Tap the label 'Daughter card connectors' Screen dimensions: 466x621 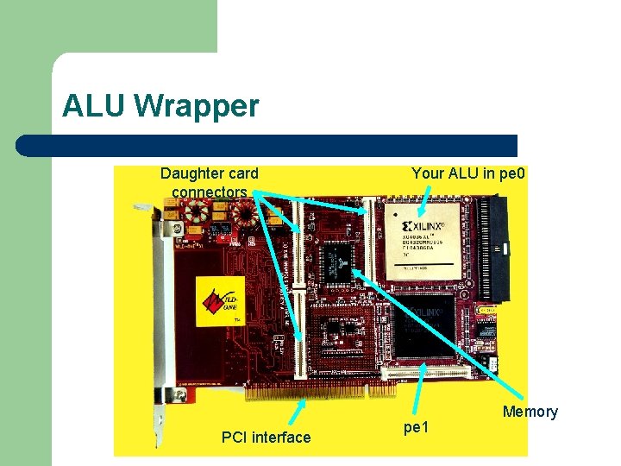pyautogui.click(x=209, y=182)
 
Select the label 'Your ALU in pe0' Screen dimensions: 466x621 pyautogui.click(x=468, y=173)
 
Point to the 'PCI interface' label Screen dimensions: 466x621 pyautogui.click(x=266, y=438)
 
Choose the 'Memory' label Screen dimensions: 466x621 pyautogui.click(x=530, y=412)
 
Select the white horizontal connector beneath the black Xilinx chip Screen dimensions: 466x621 pyautogui.click(x=429, y=373)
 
